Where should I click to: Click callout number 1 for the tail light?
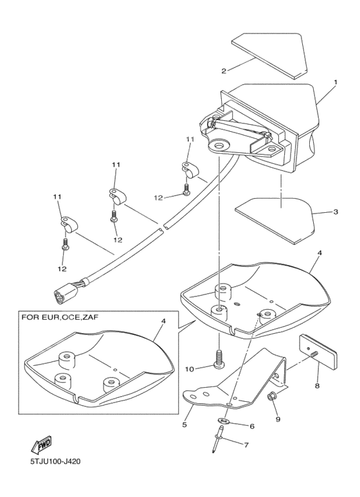[x=335, y=83]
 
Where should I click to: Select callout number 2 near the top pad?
[x=224, y=71]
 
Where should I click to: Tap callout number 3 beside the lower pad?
[x=335, y=211]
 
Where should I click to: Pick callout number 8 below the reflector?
[x=317, y=386]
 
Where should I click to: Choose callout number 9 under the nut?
[x=277, y=419]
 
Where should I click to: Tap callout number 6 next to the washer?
[x=251, y=426]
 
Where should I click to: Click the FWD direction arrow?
[x=41, y=444]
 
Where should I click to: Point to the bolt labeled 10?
[x=220, y=358]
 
